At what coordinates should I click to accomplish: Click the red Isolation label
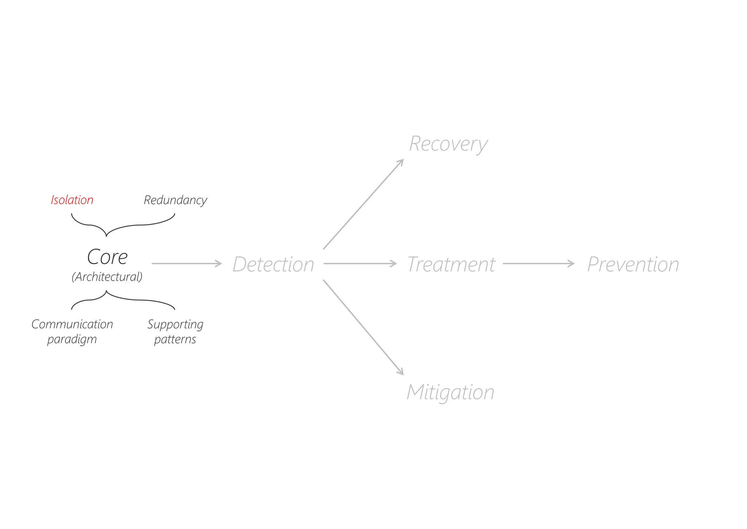72,200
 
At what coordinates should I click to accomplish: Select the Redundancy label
175,200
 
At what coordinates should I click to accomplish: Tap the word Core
107,257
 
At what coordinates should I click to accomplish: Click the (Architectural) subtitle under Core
107,277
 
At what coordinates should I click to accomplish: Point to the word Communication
72,324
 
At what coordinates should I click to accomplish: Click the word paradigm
72,339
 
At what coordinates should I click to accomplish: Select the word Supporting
175,324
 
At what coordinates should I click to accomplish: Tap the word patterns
175,339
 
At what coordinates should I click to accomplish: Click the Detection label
273,264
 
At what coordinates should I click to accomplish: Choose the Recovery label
448,144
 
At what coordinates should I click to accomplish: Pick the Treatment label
451,264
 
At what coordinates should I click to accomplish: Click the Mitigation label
450,392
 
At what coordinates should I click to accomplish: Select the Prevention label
633,264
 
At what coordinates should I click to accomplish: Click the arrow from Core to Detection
186,264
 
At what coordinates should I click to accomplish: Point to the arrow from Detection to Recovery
363,204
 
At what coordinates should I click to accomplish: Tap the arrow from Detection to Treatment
360,264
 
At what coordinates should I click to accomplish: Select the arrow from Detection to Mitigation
363,327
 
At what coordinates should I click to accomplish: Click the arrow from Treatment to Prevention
538,264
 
